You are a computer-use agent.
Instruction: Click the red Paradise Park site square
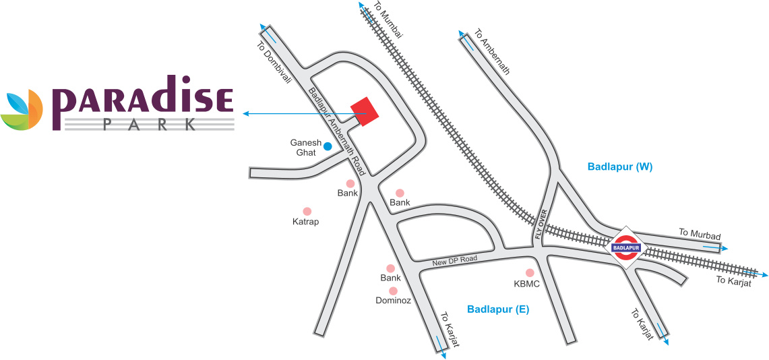tap(365, 111)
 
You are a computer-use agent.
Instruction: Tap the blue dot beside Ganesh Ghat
tap(328, 146)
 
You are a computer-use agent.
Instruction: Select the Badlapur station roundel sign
tap(625, 247)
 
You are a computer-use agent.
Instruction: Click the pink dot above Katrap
tap(307, 211)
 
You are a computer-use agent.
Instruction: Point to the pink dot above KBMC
tap(530, 272)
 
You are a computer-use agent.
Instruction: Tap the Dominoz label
tap(393, 301)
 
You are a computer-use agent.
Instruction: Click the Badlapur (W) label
tap(620, 166)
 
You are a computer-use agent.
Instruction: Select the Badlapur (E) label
tap(498, 309)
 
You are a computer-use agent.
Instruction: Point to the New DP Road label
tap(455, 259)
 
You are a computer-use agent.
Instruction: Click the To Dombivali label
tap(274, 64)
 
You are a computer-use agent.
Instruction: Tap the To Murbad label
tap(700, 234)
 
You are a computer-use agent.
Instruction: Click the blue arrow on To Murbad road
tap(715, 247)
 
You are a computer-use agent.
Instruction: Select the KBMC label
tap(527, 284)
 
